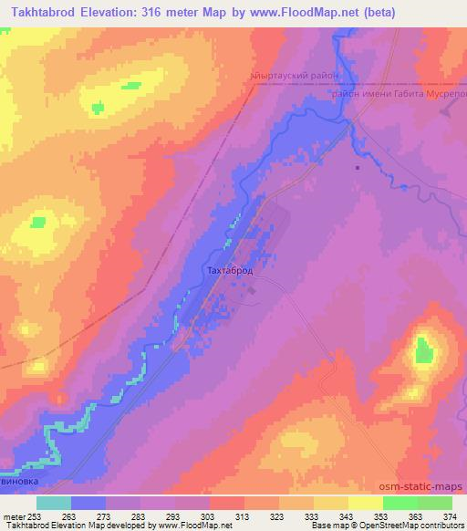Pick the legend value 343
coord(348,516)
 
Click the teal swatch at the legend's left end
coord(54,503)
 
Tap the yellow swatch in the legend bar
coord(365,503)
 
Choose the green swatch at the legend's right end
coord(434,503)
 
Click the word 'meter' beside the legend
coord(14,516)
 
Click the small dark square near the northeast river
coord(358,167)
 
